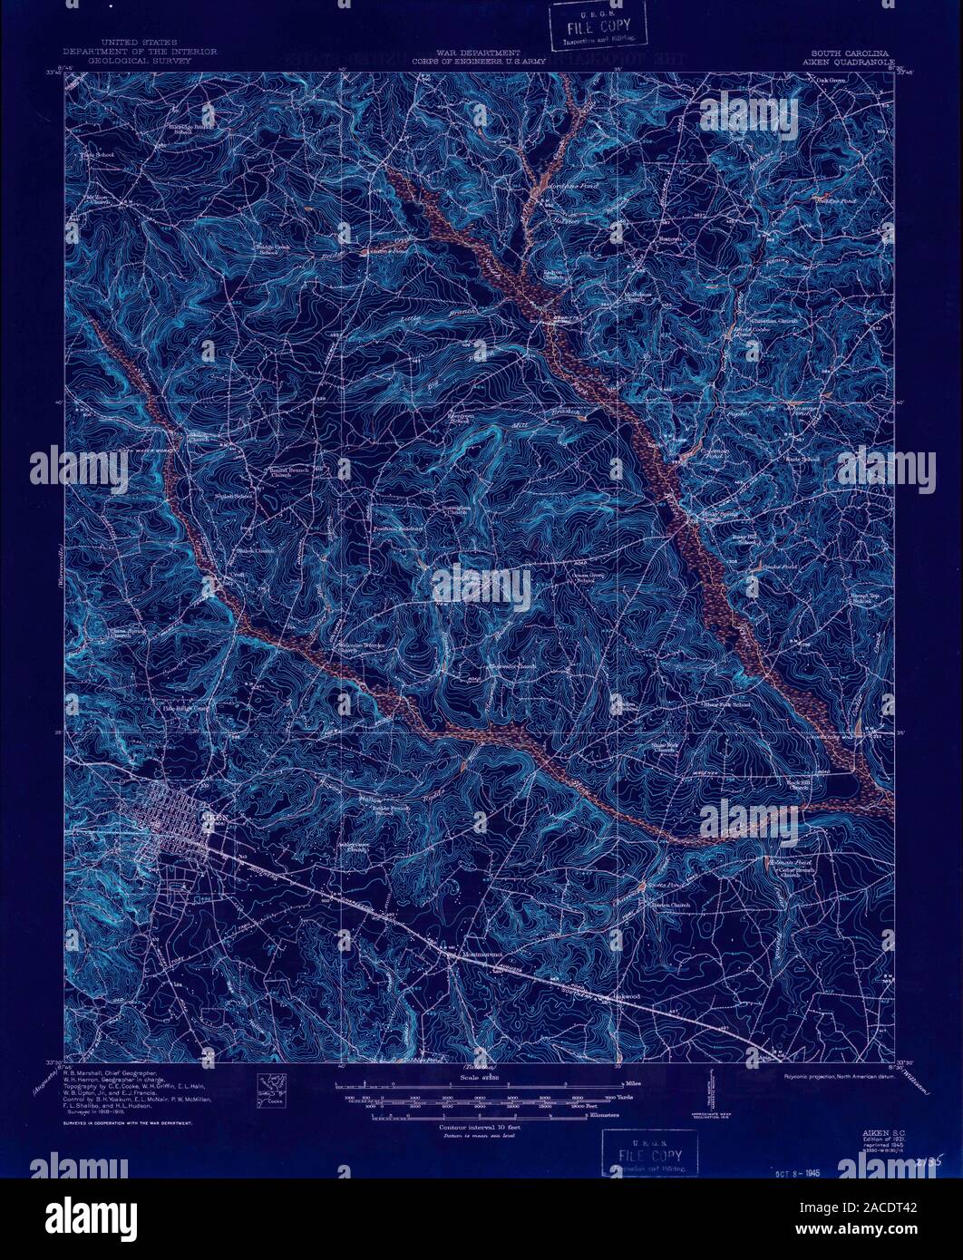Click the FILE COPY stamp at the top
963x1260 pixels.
pyautogui.click(x=598, y=28)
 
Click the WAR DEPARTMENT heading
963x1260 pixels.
pyautogui.click(x=489, y=53)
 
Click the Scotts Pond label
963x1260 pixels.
pyautogui.click(x=659, y=883)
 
